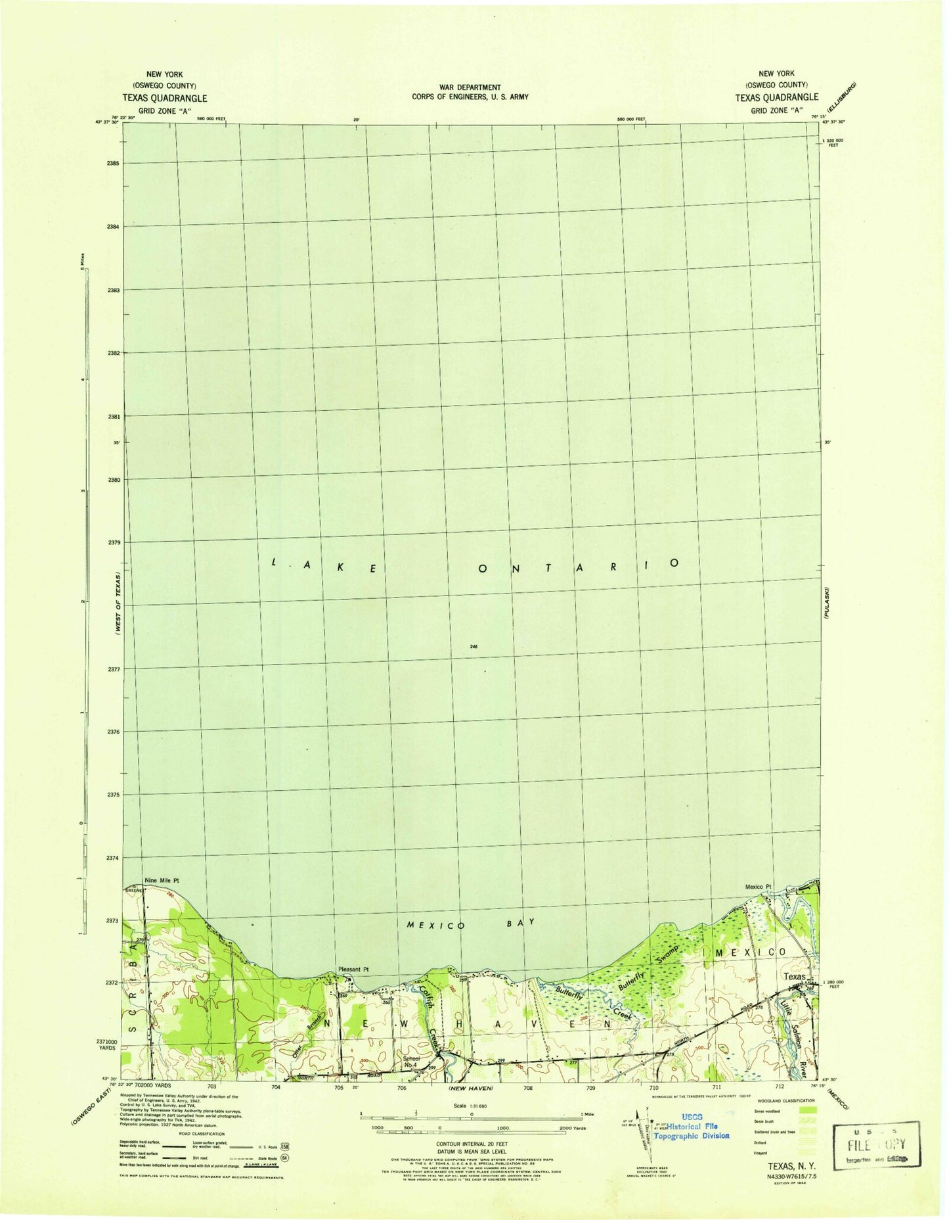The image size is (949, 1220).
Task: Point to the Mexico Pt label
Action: coord(758,887)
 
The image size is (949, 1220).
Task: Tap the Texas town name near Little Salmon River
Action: coord(795,977)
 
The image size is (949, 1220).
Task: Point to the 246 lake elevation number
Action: coord(474,647)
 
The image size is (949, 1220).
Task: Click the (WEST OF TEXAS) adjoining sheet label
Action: coord(118,602)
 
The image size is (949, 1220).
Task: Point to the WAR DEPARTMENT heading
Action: coord(470,87)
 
